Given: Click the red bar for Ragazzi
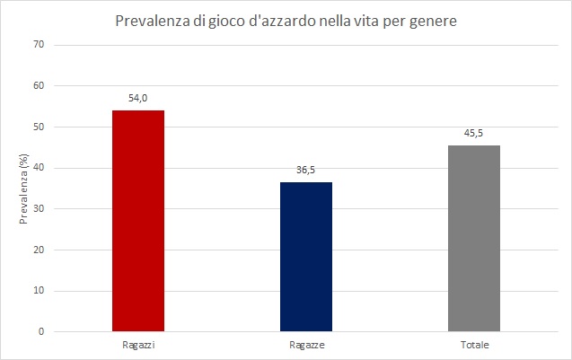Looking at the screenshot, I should [x=137, y=221].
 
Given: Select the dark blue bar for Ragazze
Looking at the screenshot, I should [x=305, y=257].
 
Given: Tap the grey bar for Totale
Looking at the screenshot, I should [x=473, y=238].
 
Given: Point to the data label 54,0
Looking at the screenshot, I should [x=137, y=98].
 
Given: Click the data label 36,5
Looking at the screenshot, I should [x=306, y=170].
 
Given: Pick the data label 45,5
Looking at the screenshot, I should [x=474, y=133].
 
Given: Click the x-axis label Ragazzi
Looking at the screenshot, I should [x=137, y=345].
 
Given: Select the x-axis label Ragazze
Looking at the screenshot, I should [x=306, y=345].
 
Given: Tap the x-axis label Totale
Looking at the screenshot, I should [x=474, y=345].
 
